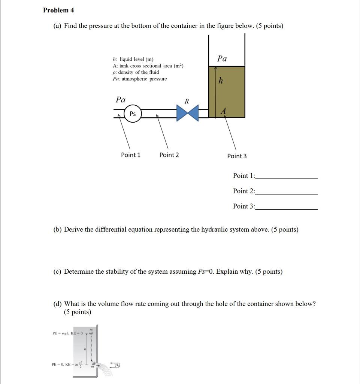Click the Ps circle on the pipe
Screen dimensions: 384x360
pyautogui.click(x=133, y=114)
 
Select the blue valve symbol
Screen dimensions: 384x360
pyautogui.click(x=187, y=113)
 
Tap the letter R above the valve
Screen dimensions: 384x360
pyautogui.click(x=187, y=101)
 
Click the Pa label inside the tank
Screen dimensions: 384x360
pyautogui.click(x=222, y=58)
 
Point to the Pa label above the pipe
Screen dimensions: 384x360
pyautogui.click(x=121, y=99)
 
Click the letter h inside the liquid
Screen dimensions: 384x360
pyautogui.click(x=221, y=81)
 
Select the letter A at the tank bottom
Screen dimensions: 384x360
pyautogui.click(x=224, y=111)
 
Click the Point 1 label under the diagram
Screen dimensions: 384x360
pyautogui.click(x=131, y=155)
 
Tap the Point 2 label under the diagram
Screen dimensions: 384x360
pyautogui.click(x=169, y=155)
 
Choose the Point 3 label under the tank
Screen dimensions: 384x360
pyautogui.click(x=237, y=156)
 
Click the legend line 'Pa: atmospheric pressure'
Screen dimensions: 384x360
pyautogui.click(x=140, y=79)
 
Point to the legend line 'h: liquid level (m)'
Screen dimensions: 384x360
pyautogui.click(x=133, y=59)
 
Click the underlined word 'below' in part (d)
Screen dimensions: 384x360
pyautogui.click(x=304, y=304)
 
